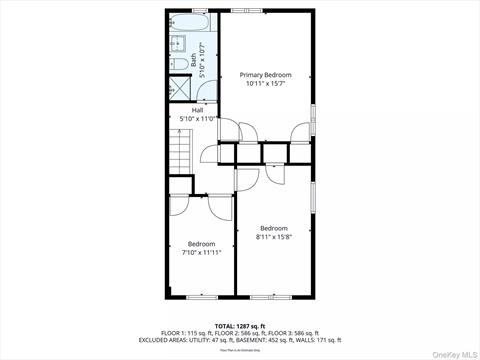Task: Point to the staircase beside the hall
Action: click(178, 156)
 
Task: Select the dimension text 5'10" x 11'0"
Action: click(197, 119)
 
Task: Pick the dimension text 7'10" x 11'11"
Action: click(201, 253)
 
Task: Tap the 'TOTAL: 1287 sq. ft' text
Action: click(240, 325)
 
